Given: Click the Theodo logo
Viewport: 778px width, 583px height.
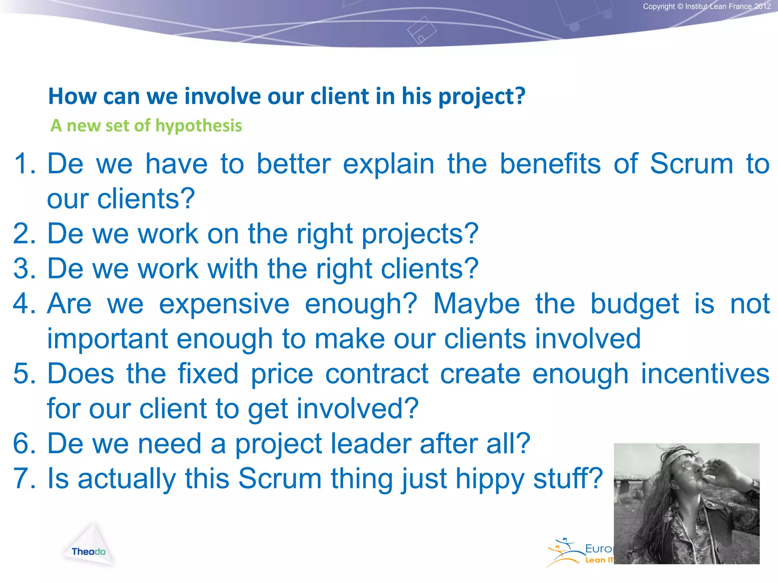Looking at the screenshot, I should tap(89, 551).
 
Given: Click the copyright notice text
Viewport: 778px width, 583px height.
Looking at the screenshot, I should tap(707, 6).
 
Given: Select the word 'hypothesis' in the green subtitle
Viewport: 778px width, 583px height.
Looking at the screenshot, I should tap(198, 126).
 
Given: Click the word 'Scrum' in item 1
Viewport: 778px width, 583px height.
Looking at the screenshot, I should tap(691, 164).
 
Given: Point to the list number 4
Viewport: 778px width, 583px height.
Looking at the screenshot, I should tap(24, 304).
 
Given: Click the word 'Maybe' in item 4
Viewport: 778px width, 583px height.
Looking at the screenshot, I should tap(476, 304).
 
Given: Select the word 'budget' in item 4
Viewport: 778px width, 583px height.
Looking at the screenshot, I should tap(634, 304).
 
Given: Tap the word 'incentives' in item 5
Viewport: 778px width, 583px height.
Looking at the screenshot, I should tap(705, 374).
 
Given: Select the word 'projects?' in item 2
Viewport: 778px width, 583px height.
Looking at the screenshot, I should tap(420, 234).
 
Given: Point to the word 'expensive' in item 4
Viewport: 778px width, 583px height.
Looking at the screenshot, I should tap(224, 304).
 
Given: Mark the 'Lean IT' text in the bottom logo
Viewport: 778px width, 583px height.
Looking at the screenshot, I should tap(599, 560).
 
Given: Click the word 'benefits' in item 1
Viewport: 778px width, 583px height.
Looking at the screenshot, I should tap(550, 164).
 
